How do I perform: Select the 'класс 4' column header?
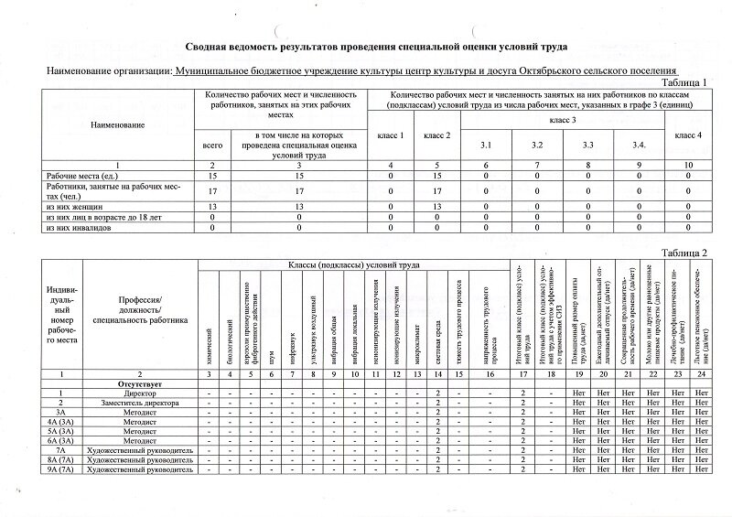[x=687, y=135]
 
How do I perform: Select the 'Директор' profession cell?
[x=140, y=393]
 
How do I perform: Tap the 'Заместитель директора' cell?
[x=140, y=403]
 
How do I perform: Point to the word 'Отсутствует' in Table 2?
[x=140, y=382]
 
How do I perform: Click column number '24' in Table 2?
[x=702, y=373]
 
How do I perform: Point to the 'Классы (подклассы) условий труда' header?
[x=354, y=265]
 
